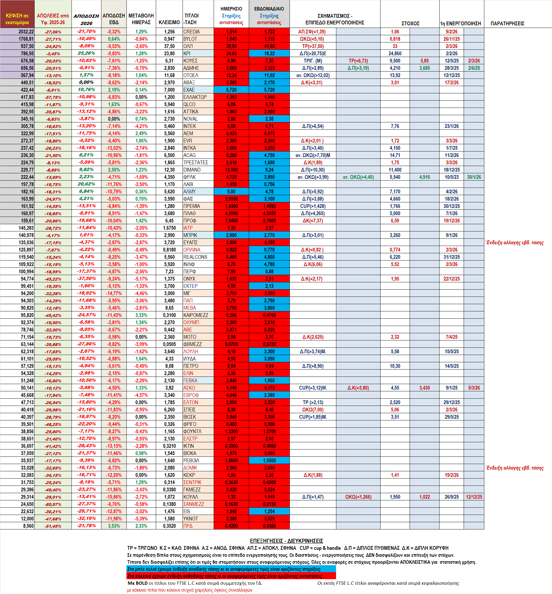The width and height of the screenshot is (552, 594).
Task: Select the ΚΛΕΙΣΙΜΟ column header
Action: click(x=169, y=22)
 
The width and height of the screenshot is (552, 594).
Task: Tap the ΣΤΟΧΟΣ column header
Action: click(x=410, y=23)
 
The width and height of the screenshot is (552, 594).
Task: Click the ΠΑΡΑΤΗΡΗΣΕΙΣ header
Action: click(x=507, y=23)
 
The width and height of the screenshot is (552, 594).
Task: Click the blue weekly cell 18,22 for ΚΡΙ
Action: click(x=269, y=53)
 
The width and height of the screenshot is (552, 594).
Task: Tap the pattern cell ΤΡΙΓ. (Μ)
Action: click(x=313, y=61)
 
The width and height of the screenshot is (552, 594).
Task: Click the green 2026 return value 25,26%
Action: click(x=86, y=53)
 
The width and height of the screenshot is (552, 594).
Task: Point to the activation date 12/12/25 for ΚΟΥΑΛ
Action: click(x=474, y=497)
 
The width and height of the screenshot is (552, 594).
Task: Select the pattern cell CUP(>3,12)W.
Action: click(x=313, y=388)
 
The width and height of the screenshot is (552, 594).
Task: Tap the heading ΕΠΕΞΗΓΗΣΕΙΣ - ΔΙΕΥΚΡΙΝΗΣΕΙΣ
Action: click(x=286, y=541)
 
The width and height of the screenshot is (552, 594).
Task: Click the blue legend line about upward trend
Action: click(x=231, y=569)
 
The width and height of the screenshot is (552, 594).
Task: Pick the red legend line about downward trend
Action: click(x=231, y=576)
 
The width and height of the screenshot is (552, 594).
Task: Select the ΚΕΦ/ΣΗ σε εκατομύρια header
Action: click(x=17, y=19)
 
